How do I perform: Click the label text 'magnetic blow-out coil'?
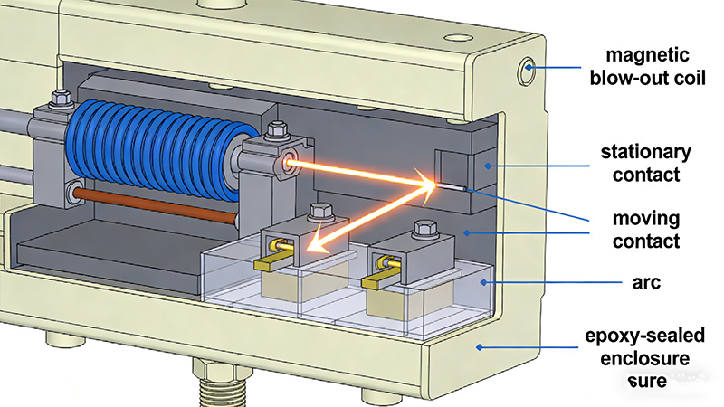point(647,66)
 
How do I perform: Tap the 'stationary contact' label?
point(645,163)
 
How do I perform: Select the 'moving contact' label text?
point(646,230)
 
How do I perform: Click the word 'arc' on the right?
point(646,282)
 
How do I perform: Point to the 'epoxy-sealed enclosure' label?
point(645,347)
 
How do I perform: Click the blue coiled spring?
point(156,149)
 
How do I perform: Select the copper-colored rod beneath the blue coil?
point(156,206)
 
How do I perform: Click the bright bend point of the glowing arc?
point(433,185)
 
